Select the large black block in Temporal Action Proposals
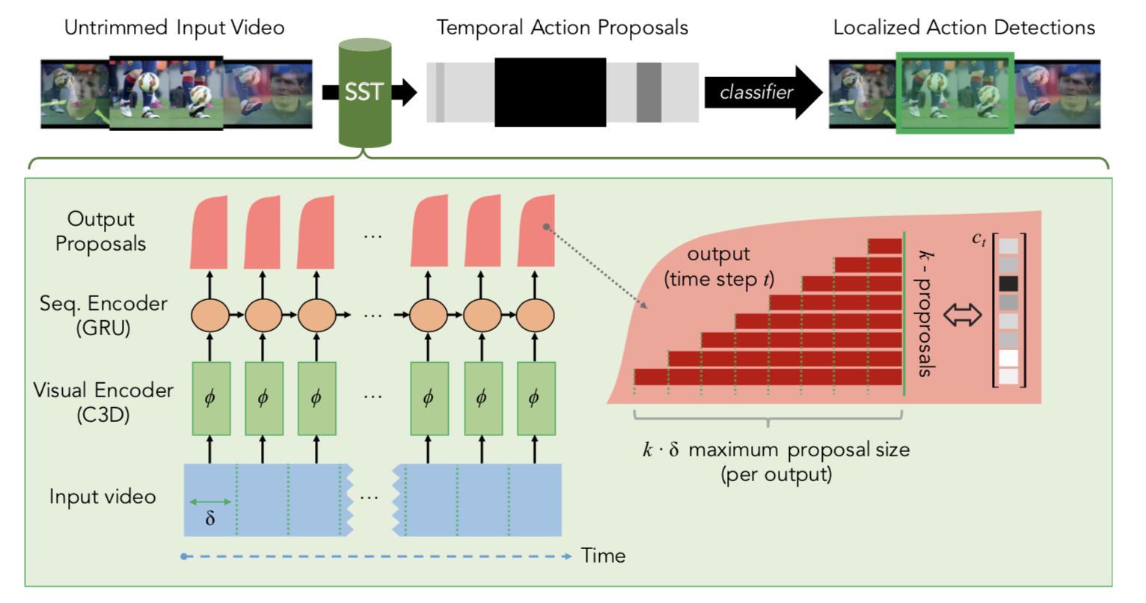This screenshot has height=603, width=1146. tap(550, 92)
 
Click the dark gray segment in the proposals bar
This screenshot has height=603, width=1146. tap(649, 92)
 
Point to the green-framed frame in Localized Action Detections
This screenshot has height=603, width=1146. tap(955, 93)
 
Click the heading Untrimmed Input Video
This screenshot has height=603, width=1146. tap(174, 28)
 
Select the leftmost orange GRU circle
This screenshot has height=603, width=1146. tap(210, 315)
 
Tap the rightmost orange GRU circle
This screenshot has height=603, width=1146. tap(535, 315)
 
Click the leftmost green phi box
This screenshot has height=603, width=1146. tap(210, 398)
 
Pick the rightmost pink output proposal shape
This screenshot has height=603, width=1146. tap(536, 232)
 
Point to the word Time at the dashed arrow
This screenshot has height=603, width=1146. tap(603, 556)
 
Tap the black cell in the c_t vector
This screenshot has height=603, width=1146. tap(1008, 284)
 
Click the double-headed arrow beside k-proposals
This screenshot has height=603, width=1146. tap(962, 316)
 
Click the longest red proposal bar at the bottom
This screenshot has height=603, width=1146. tap(767, 376)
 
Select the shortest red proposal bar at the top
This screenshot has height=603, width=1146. tap(885, 246)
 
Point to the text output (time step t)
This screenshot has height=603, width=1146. tap(718, 266)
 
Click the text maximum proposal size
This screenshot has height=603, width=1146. tap(799, 450)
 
